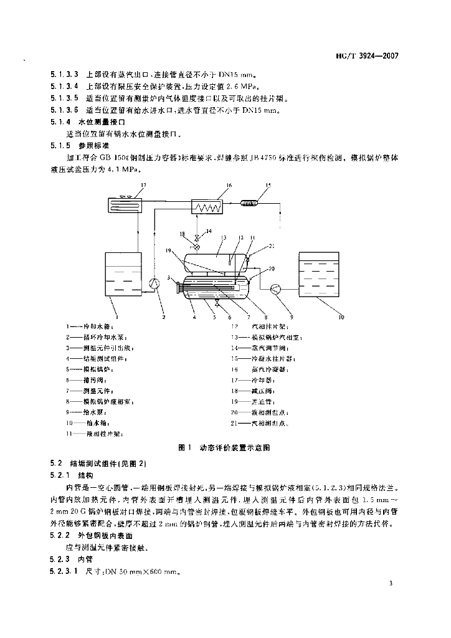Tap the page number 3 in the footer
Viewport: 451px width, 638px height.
pyautogui.click(x=391, y=583)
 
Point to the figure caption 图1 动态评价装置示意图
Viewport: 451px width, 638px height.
pyautogui.click(x=224, y=447)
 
